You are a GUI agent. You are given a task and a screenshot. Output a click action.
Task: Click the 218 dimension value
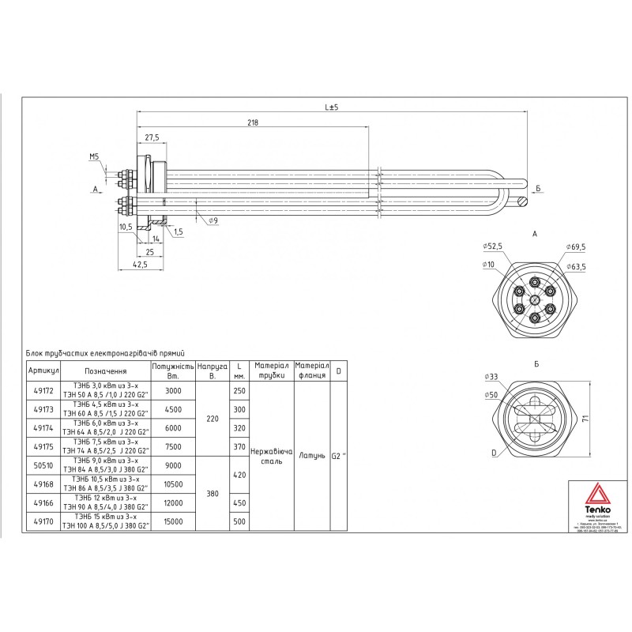pos(253,122)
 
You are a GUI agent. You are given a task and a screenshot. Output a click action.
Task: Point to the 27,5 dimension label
pos(151,137)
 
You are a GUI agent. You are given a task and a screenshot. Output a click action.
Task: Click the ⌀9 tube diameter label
pos(213,221)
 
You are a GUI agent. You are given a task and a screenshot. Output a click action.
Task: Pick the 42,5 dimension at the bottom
pos(139,265)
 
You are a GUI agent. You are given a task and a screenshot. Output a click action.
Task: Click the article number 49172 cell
pos(43,390)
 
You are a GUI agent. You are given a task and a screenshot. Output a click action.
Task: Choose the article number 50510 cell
pos(43,465)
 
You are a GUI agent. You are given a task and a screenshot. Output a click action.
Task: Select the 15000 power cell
pos(172,521)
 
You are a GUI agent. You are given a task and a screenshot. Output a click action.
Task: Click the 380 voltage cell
pos(212,493)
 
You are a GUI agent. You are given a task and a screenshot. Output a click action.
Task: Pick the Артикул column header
pos(43,371)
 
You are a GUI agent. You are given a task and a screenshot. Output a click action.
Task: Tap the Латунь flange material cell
pos(311,456)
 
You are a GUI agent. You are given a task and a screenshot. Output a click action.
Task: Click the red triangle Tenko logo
pos(596,495)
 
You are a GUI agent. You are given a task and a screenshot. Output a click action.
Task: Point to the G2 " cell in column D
pos(339,456)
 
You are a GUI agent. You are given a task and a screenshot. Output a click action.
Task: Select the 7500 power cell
pos(172,446)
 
